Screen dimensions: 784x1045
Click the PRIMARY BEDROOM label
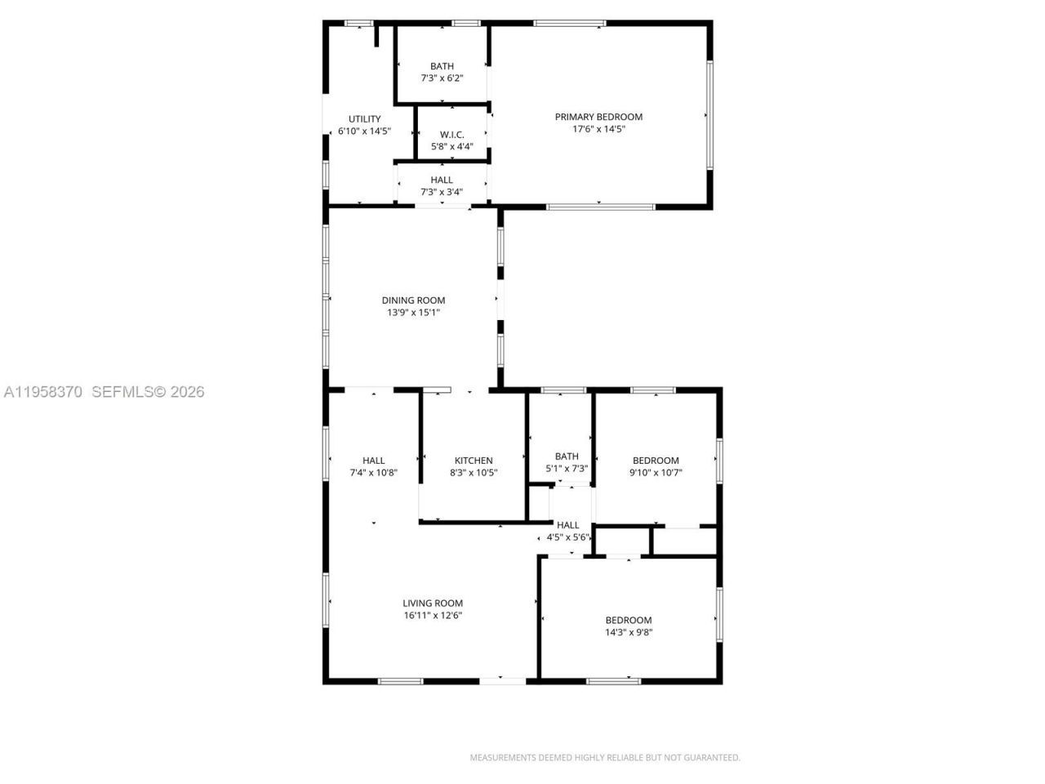tap(598, 117)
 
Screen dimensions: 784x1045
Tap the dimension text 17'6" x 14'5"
tap(598, 129)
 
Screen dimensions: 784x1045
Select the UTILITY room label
tap(364, 119)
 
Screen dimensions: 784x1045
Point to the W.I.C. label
tap(451, 135)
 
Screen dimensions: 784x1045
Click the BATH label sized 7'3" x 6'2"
tap(442, 66)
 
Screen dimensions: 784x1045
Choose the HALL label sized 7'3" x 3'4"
tap(442, 180)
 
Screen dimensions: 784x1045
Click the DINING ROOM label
tap(413, 301)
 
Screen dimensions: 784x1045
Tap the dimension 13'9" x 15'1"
tap(413, 313)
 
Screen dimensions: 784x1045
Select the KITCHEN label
tap(474, 461)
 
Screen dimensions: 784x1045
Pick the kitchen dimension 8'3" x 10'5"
tap(474, 472)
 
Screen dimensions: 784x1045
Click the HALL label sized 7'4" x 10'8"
tap(373, 461)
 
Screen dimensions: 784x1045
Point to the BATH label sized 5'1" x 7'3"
tap(567, 457)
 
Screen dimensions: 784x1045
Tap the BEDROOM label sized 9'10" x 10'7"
tap(656, 461)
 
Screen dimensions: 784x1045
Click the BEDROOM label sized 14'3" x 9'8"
tap(629, 620)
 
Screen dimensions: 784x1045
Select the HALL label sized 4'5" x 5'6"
tap(567, 525)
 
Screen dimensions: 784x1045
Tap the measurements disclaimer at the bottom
tap(605, 758)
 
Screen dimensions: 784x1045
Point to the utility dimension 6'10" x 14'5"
tap(364, 131)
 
